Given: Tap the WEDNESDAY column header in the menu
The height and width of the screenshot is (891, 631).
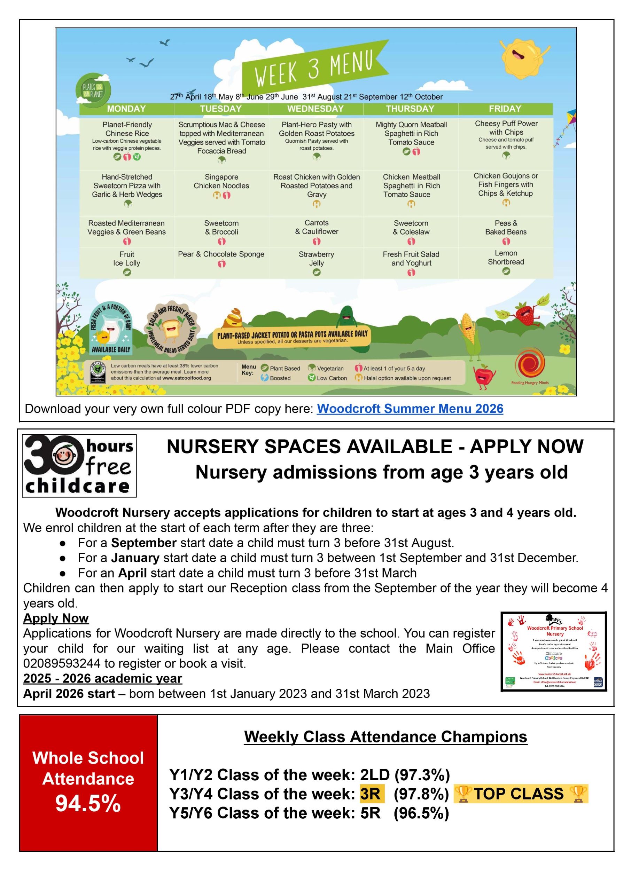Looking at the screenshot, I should (x=315, y=109).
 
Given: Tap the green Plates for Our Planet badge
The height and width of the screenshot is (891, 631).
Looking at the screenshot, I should (x=93, y=91).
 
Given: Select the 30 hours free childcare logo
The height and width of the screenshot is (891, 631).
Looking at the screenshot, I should (x=80, y=465).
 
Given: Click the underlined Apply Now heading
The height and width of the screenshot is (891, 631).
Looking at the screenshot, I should (x=56, y=618).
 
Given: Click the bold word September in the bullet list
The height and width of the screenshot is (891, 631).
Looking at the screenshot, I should (x=144, y=542).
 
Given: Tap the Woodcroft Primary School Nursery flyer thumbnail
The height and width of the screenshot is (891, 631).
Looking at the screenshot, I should (x=554, y=652).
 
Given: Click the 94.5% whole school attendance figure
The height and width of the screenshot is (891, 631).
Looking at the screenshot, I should (x=88, y=803).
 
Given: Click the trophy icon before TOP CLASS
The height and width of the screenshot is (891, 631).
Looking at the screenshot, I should (x=463, y=794).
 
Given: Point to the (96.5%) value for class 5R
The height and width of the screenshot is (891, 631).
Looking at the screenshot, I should (x=421, y=813).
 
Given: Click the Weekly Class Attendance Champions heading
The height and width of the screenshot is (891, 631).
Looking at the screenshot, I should (x=385, y=736).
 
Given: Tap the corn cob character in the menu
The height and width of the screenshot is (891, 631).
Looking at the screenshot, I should (x=469, y=334).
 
